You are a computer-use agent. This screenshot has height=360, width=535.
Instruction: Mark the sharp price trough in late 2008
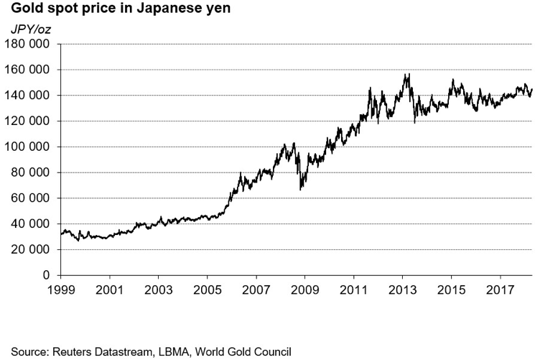tap(301, 189)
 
